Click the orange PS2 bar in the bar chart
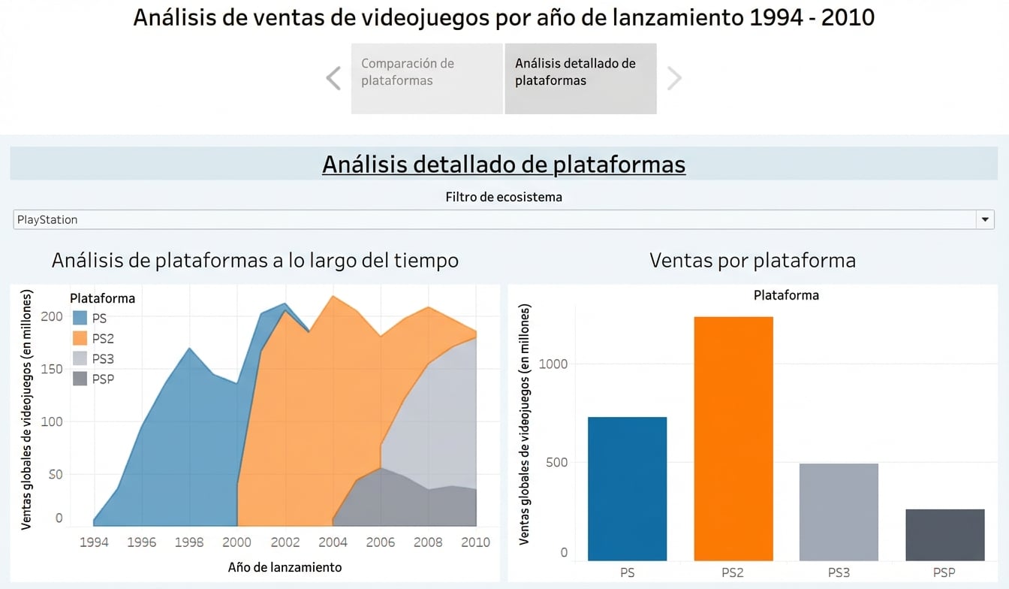click(733, 439)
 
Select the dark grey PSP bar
click(944, 535)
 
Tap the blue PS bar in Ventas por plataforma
click(627, 488)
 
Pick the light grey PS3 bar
click(839, 512)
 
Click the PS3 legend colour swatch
click(80, 358)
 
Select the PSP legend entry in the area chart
click(93, 379)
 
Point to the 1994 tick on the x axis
click(94, 542)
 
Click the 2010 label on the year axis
click(476, 542)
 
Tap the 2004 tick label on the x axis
click(333, 542)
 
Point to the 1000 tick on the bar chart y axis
click(553, 364)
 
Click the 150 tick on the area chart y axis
click(52, 369)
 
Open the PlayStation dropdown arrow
click(985, 219)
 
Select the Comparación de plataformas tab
click(426, 78)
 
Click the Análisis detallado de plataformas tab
click(580, 78)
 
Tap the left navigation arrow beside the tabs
click(333, 78)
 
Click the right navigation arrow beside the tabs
click(674, 78)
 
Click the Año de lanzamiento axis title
click(285, 567)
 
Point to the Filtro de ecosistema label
click(504, 198)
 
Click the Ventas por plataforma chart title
click(752, 261)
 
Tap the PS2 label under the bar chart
click(733, 572)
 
